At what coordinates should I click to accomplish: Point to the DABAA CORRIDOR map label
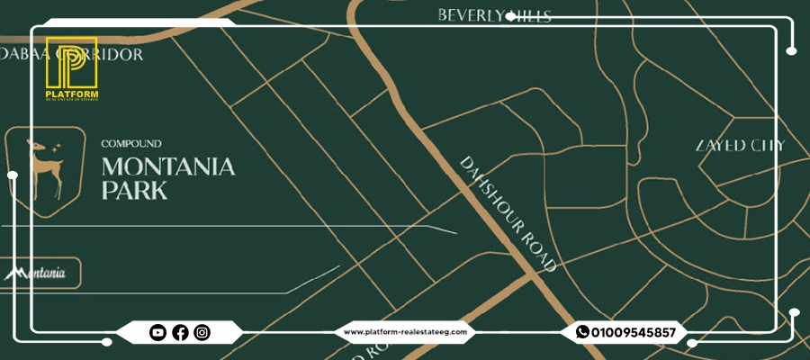click(x=72, y=54)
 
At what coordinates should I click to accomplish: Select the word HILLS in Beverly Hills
click(x=529, y=15)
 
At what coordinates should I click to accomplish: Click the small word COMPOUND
click(x=131, y=143)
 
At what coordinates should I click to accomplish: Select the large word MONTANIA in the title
click(x=168, y=166)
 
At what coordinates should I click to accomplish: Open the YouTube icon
click(x=157, y=333)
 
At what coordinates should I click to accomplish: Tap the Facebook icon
click(x=180, y=333)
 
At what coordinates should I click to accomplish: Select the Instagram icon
click(x=202, y=333)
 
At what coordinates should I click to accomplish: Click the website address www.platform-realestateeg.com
click(x=406, y=332)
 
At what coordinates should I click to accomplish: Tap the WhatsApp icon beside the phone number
click(x=582, y=332)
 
